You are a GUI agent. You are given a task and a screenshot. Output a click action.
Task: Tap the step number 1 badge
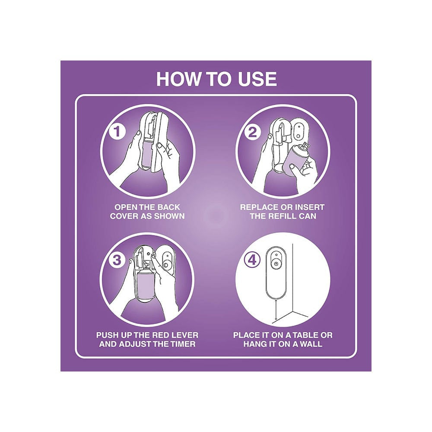(117, 131)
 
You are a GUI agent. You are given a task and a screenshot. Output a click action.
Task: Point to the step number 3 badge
(117, 260)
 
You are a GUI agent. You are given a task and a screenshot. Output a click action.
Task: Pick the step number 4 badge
(252, 260)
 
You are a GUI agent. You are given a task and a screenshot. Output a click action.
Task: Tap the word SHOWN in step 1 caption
(169, 216)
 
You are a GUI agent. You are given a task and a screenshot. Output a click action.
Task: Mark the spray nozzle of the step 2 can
(306, 145)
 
